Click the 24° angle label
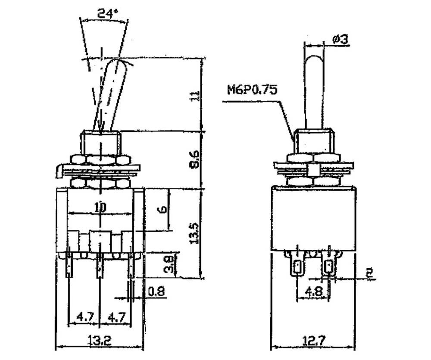107,13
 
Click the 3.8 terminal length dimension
169,264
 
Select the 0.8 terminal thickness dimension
156,292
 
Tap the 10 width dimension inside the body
100,207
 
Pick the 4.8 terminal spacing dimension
313,292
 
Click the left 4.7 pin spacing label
84,317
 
